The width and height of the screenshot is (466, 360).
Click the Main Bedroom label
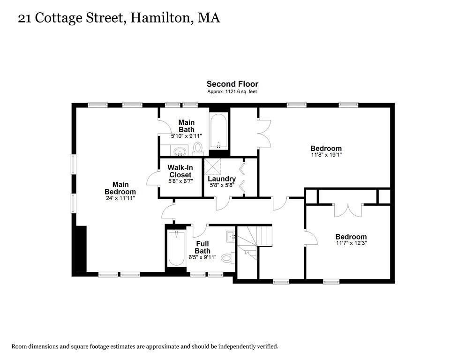[120, 188]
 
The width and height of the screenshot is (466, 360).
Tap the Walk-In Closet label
[180, 172]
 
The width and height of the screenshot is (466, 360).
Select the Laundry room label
[221, 179]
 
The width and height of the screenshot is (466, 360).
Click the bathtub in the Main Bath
[218, 129]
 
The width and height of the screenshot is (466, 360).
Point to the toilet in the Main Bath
[197, 148]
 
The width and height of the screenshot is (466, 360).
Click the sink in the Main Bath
[179, 151]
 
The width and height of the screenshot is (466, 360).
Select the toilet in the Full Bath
[227, 257]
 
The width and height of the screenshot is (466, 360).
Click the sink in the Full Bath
[230, 236]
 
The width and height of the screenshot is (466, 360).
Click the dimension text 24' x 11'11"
[120, 198]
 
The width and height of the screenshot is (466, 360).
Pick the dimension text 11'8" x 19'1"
[326, 155]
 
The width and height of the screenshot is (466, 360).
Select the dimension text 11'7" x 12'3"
[351, 243]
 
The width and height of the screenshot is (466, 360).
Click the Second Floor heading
[232, 84]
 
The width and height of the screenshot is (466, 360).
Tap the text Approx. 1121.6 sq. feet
[232, 92]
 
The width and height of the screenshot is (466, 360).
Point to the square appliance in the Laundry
[212, 167]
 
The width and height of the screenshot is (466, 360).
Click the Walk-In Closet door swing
[152, 179]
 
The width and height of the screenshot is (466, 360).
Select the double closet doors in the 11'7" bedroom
[348, 210]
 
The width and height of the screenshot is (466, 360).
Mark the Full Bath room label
[203, 247]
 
